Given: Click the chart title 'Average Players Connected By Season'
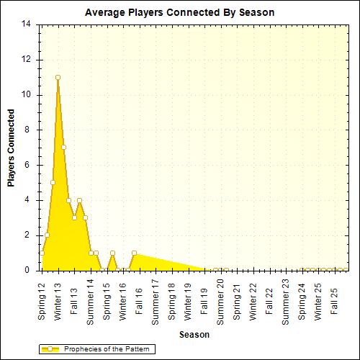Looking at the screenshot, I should pyautogui.click(x=179, y=12).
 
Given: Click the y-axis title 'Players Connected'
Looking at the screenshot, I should pyautogui.click(x=11, y=148).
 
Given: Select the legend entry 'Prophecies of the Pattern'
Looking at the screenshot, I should pyautogui.click(x=108, y=349).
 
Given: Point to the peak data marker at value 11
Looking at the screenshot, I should pyautogui.click(x=58, y=77).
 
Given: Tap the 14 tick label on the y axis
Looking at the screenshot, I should pyautogui.click(x=27, y=24).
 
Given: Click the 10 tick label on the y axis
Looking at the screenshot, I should pyautogui.click(x=27, y=94).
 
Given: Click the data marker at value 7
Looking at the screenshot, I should pyautogui.click(x=63, y=147).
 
